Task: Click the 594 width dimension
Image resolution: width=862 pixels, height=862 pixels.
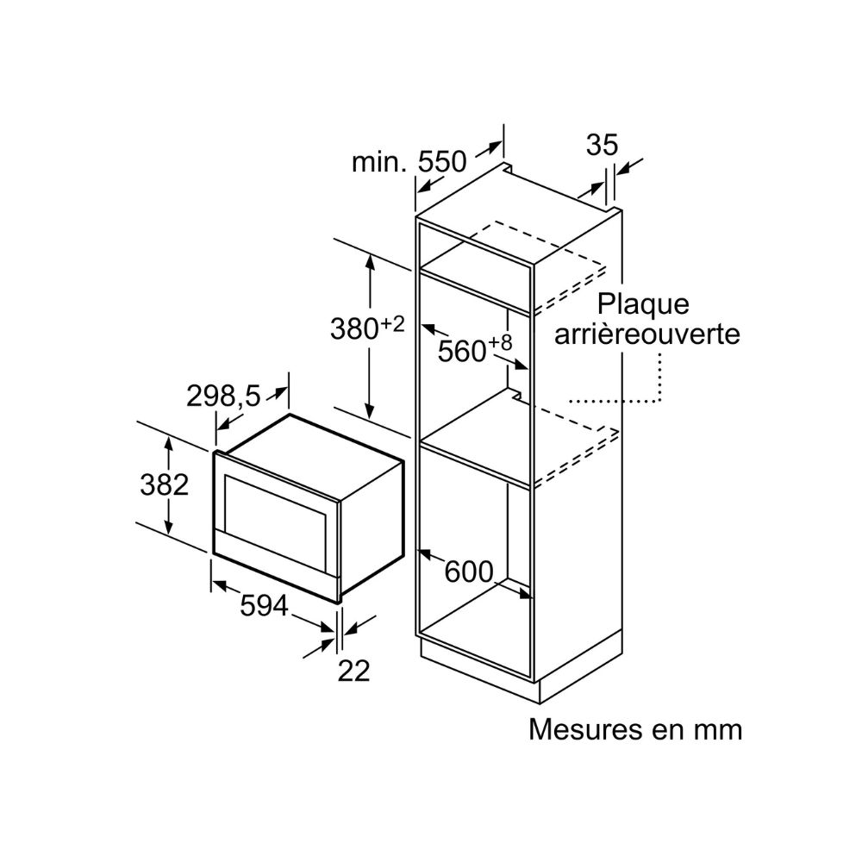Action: pos(264,605)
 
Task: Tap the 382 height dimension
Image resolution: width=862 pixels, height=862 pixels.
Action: pos(165,484)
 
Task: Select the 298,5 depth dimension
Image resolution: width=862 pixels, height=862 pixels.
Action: pos(223,396)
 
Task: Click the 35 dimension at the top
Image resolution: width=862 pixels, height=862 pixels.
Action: pos(602,145)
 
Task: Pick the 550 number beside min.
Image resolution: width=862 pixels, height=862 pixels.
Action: pos(442,162)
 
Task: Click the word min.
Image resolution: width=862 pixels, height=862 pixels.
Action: pos(379,162)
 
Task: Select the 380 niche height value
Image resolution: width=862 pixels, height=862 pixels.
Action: pos(354,329)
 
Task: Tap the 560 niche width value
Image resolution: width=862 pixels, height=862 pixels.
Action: pos(462,351)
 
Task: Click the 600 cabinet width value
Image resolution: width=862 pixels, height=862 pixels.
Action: pos(469,572)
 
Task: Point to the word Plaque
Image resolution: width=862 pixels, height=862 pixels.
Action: pos(643,304)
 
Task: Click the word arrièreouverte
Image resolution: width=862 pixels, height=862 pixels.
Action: pos(647,334)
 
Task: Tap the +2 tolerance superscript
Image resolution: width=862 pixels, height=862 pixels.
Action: pos(392,323)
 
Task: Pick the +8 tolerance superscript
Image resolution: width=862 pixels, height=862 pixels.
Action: pos(500,343)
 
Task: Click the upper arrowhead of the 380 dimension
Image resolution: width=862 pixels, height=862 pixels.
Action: pos(370,262)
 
